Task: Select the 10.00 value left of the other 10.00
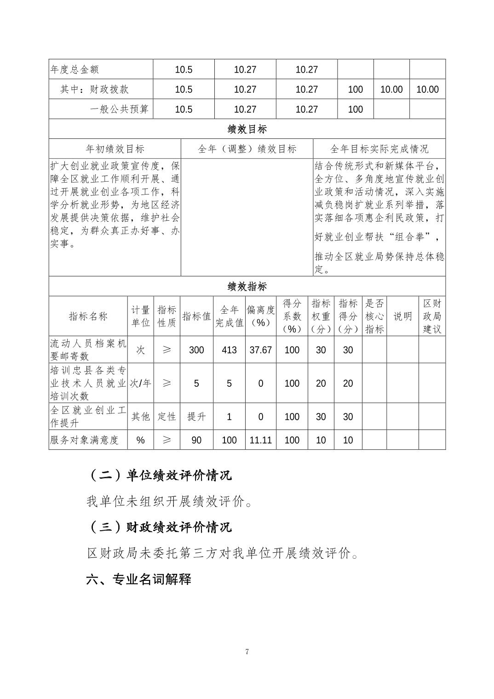(391, 89)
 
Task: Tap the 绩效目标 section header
(247, 129)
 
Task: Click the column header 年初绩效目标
(115, 149)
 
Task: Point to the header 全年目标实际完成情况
(379, 149)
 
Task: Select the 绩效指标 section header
(247, 286)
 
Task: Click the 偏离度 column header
(260, 316)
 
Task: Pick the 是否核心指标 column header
(374, 316)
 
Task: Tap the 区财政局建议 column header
(432, 316)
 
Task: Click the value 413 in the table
(229, 350)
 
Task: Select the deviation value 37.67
(260, 350)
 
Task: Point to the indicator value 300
(196, 350)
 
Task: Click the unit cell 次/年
(140, 383)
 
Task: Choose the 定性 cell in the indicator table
(167, 417)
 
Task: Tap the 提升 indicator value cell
(196, 417)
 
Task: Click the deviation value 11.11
(260, 440)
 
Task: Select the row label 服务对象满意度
(85, 440)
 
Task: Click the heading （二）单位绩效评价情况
(159, 475)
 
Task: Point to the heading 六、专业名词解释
(138, 579)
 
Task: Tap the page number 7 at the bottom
(247, 651)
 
